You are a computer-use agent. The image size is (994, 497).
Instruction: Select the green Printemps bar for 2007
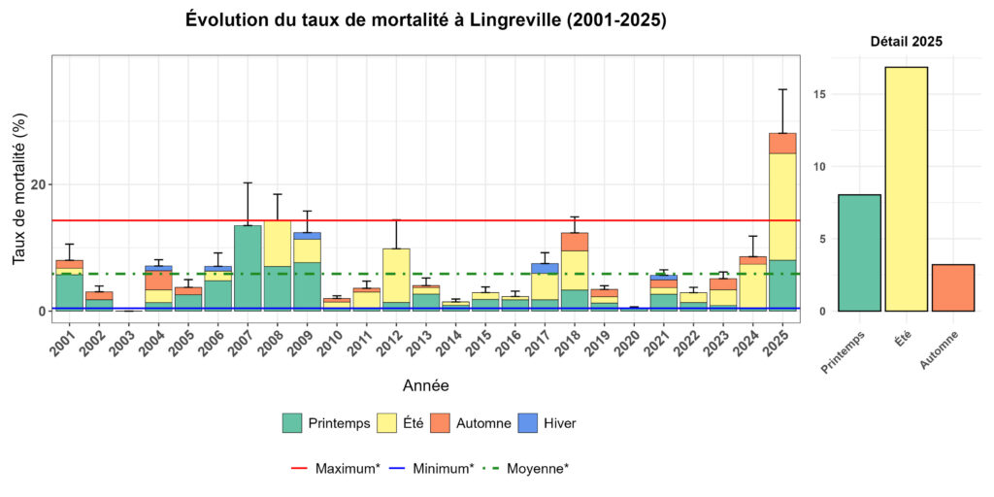[x=248, y=268]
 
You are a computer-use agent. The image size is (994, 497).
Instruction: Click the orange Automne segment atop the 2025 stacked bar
[x=782, y=143]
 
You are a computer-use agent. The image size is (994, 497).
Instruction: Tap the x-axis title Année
[x=425, y=386]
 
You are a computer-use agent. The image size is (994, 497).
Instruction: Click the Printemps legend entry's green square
[x=292, y=423]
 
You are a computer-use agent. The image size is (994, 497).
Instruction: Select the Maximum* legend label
[x=347, y=468]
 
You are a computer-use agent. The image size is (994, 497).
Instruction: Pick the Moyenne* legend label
[x=538, y=468]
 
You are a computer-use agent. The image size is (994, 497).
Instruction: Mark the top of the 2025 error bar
[x=782, y=89]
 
